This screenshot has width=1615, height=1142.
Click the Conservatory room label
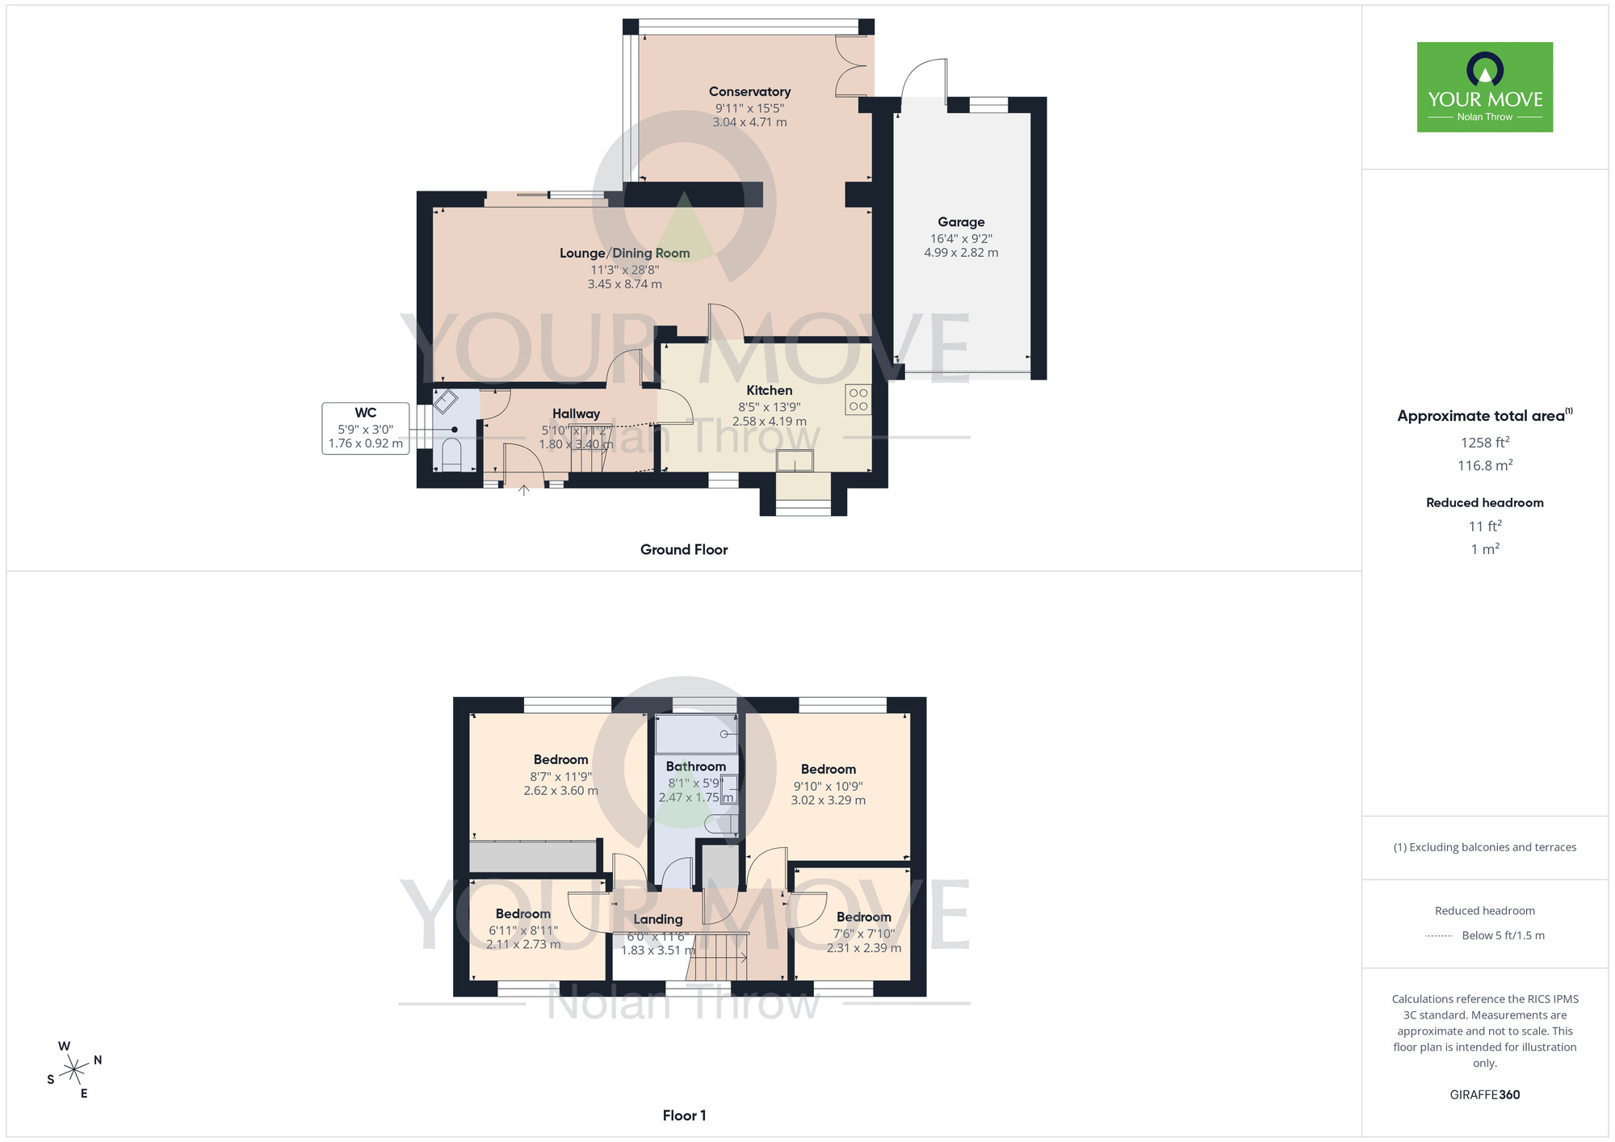click(x=749, y=92)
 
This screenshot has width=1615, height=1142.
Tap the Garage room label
click(x=961, y=222)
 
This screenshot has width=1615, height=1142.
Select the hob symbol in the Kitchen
click(x=858, y=400)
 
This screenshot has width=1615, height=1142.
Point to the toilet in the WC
click(x=452, y=455)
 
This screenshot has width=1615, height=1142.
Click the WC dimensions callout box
click(x=365, y=428)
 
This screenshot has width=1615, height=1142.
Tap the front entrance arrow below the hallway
click(x=524, y=490)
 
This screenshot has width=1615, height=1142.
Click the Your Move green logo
click(x=1484, y=87)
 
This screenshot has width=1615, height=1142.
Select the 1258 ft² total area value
click(x=1484, y=443)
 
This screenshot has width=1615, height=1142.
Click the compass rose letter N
click(x=98, y=1060)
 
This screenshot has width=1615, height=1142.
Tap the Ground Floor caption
click(x=684, y=550)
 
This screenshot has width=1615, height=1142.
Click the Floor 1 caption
click(x=684, y=1115)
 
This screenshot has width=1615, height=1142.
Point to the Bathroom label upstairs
click(x=695, y=766)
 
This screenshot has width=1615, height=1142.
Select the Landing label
click(x=657, y=919)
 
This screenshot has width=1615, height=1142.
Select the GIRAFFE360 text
click(x=1484, y=1095)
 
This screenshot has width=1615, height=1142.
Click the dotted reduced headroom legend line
click(x=1439, y=936)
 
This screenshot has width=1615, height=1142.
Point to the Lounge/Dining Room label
click(x=624, y=254)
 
